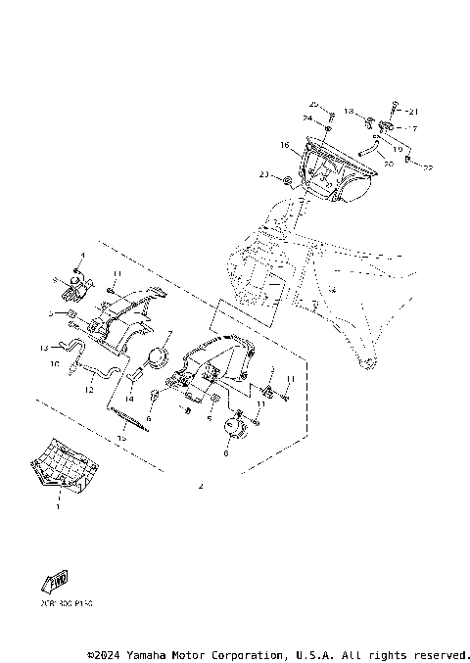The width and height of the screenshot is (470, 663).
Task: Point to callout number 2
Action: (202, 486)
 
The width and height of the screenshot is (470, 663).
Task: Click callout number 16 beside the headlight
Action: (284, 145)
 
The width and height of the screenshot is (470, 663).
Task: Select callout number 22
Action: (428, 167)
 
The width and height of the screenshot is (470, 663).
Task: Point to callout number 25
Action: (314, 104)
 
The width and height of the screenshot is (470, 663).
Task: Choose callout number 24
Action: (306, 118)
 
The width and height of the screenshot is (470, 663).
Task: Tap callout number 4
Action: (83, 256)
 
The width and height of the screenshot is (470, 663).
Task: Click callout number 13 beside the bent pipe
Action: (44, 348)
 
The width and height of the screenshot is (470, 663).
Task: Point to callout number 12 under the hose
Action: (89, 390)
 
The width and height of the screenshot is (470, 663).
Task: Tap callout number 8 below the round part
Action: (227, 453)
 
